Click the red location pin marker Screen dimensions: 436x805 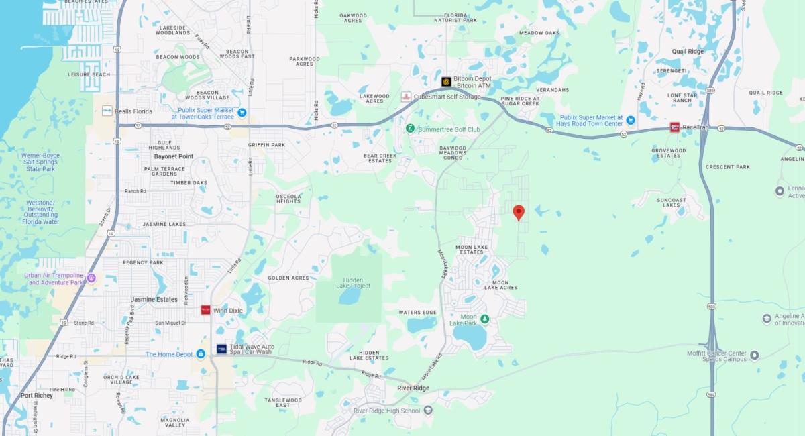tap(518, 213)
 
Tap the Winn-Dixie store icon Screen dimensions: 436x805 tap(205, 310)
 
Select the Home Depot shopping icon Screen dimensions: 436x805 tap(200, 354)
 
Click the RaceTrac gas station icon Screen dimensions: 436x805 tap(675, 127)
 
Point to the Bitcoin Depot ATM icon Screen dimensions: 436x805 tap(446, 82)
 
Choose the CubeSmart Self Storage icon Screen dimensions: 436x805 tap(406, 97)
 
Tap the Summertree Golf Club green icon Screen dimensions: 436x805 tap(410, 129)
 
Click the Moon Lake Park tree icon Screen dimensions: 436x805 tap(485, 318)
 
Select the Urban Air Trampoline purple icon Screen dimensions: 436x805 tap(91, 278)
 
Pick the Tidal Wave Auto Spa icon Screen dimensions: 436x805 tap(221, 349)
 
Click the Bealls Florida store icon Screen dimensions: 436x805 tap(107, 111)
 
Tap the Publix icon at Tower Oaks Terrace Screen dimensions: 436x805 tap(241, 113)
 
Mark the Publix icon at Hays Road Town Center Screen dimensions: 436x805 tap(631, 120)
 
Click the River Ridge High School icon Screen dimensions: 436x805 tap(428, 411)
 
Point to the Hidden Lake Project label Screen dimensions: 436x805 tap(353, 282)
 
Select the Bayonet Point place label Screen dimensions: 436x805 tap(174, 156)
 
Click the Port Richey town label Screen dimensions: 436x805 tap(36, 396)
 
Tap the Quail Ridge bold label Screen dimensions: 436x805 tap(688, 51)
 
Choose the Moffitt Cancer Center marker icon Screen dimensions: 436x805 tap(754, 355)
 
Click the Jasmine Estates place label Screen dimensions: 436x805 tap(154, 300)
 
